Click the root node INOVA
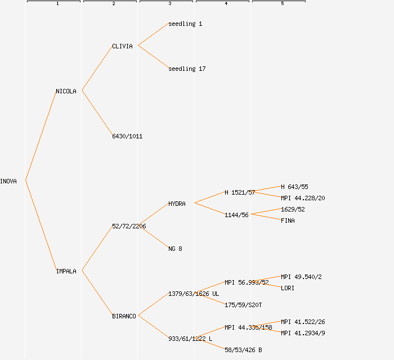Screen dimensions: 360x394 (x=8, y=181)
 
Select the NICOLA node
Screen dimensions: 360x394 (x=66, y=91)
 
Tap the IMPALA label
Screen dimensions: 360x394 (x=66, y=271)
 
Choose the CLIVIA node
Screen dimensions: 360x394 (x=122, y=46)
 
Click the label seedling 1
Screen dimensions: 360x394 (x=185, y=24)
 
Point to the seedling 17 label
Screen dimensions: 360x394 (x=187, y=69)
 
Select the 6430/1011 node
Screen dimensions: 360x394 (x=127, y=136)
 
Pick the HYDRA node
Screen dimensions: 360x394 (x=177, y=204)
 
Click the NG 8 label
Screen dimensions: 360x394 (x=175, y=249)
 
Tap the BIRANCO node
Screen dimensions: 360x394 (x=124, y=316)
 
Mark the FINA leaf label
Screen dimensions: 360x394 (x=288, y=220)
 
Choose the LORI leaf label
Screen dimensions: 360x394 (x=288, y=288)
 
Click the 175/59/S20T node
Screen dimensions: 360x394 (x=243, y=305)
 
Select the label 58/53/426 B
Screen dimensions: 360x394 (x=243, y=350)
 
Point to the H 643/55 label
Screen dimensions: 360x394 (x=294, y=187)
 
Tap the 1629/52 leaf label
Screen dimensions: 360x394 (x=293, y=209)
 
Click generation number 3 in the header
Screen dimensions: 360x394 (x=169, y=4)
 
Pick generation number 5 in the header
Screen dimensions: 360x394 (x=282, y=4)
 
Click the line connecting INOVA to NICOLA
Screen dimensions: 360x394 (x=41, y=136)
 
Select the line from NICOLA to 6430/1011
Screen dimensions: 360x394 (x=97, y=113)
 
